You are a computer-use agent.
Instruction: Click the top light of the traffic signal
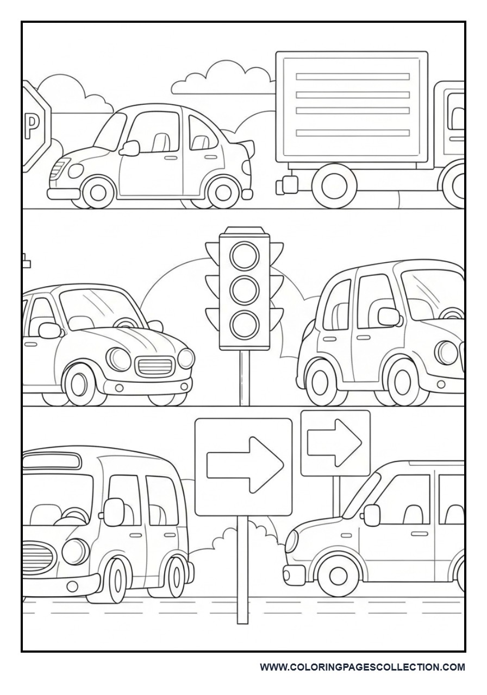(x=244, y=255)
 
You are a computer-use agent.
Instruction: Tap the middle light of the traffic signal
(x=244, y=289)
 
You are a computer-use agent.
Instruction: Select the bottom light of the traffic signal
(x=244, y=324)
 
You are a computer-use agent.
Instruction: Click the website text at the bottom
(x=362, y=667)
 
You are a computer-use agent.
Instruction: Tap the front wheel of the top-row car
(x=98, y=191)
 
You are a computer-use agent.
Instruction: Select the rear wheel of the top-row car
(x=222, y=191)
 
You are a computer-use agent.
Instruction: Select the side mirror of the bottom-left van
(x=114, y=511)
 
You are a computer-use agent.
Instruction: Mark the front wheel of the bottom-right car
(x=338, y=574)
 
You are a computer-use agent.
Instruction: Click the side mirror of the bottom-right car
(x=372, y=515)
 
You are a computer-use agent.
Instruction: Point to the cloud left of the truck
(x=223, y=79)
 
